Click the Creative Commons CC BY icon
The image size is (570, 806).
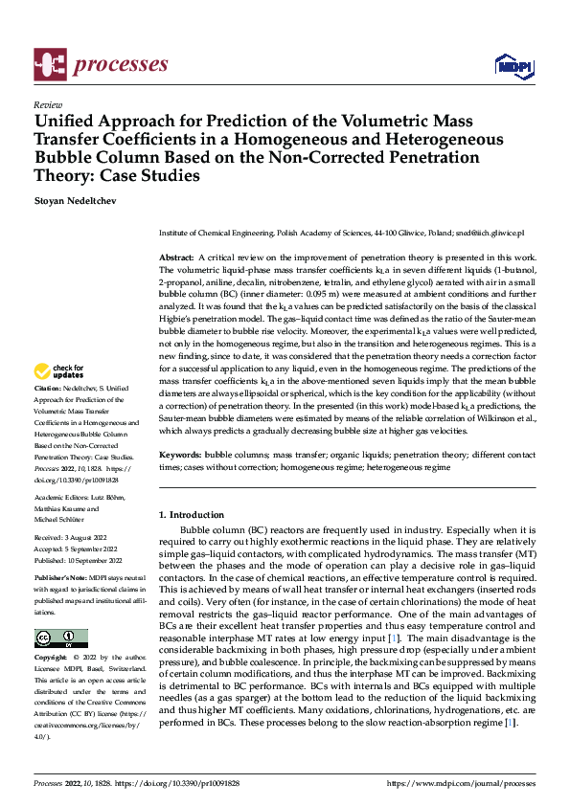[60, 638]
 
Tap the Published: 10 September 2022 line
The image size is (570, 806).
[81, 561]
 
